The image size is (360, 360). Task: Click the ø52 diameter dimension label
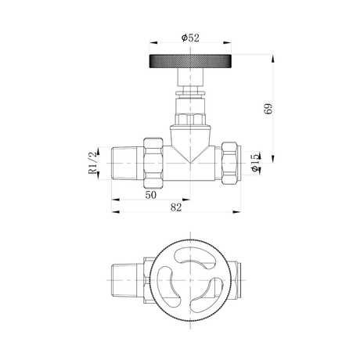[190, 38]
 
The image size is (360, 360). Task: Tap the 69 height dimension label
[268, 109]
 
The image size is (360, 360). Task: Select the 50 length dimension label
[151, 195]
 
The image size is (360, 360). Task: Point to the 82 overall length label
[176, 207]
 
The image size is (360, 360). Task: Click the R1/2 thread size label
[92, 163]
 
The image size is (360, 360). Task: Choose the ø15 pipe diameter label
[256, 163]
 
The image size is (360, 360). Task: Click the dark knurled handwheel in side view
[190, 61]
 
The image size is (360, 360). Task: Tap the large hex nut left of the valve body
[153, 163]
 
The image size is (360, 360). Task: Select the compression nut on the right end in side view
[229, 163]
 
